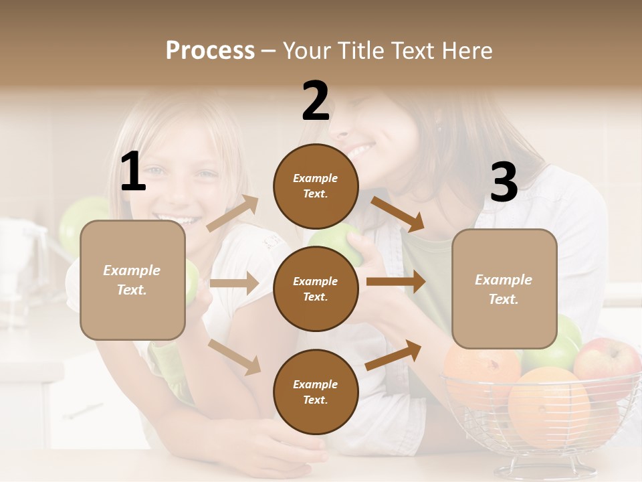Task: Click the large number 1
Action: [133, 172]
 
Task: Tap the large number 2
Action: [316, 101]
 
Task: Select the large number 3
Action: [504, 182]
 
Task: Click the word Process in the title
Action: [210, 50]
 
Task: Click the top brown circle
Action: [315, 186]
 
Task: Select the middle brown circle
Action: [315, 289]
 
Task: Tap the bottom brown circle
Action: [315, 392]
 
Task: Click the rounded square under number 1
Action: [132, 280]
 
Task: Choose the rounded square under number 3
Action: [504, 289]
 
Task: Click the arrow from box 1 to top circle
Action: [233, 214]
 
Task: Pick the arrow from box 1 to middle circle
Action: [234, 283]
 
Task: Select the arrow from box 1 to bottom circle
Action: [234, 356]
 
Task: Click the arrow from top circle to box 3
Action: [397, 214]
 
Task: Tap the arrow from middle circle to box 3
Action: [396, 282]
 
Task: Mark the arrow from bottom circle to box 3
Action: [394, 355]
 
